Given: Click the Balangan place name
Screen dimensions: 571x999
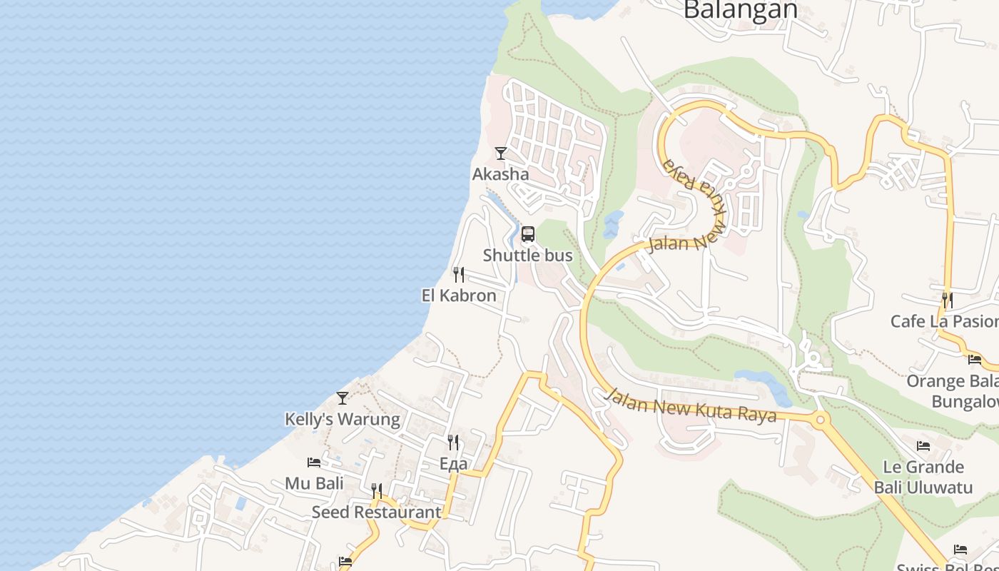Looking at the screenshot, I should point(740,10).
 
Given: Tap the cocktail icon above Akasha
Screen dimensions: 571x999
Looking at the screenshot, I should point(501,153).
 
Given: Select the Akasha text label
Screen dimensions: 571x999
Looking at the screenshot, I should point(501,174).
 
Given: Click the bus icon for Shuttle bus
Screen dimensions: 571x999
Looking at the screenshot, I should point(528,234).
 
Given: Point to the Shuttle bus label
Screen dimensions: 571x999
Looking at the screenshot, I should point(528,256).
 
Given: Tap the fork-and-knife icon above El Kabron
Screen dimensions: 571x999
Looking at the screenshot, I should point(459,275).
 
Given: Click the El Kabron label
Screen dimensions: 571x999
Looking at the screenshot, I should point(459,295).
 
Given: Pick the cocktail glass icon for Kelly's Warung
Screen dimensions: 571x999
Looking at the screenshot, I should point(343,398).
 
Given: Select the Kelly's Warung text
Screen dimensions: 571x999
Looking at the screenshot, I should point(343,419).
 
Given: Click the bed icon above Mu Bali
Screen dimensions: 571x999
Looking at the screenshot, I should point(314,463).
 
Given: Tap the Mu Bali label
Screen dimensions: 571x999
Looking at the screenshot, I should point(314,483).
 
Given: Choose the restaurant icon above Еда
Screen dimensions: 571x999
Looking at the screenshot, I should point(453,443).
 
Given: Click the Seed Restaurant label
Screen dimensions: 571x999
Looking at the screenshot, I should point(377,512).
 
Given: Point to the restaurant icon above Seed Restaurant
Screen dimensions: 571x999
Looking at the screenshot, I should point(377,491).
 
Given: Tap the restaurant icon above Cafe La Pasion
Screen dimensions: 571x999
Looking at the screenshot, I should point(947,300).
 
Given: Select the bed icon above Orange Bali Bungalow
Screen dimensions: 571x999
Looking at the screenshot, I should point(975,359).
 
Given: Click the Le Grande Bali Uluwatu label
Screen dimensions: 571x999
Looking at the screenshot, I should point(923,477).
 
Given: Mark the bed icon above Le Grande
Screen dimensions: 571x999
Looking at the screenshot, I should point(923,446).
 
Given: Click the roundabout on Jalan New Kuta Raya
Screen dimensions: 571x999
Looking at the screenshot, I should point(820,420).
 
